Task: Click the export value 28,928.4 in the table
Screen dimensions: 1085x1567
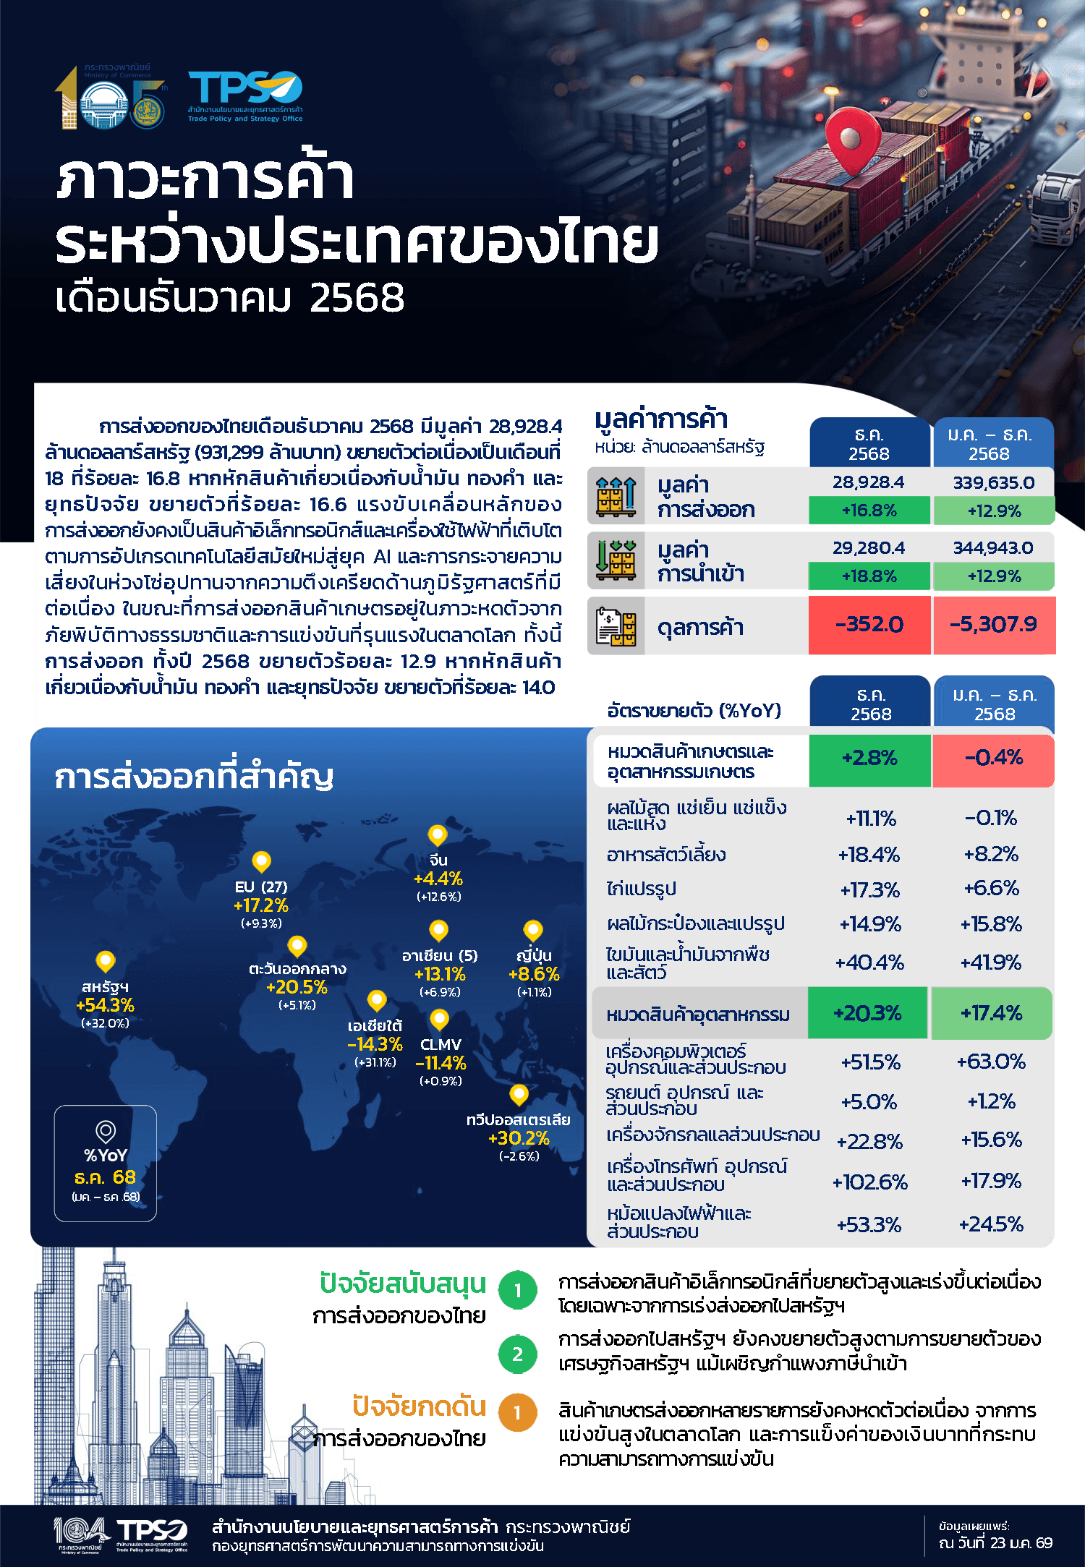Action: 869,482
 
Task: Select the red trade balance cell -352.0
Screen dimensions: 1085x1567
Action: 869,625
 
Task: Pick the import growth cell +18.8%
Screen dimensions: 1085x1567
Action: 869,576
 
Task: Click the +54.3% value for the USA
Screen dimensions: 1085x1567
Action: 105,1005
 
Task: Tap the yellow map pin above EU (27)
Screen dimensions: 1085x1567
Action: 261,861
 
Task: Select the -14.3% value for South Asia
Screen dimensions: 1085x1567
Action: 375,1044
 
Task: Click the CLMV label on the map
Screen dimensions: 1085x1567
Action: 441,1044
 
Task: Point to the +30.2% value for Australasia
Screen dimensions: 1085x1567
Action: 519,1138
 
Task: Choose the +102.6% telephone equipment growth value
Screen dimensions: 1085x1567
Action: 869,1182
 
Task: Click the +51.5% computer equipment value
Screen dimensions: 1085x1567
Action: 870,1062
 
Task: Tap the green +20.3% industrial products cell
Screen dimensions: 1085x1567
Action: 867,1013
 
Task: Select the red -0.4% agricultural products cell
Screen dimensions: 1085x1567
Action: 993,759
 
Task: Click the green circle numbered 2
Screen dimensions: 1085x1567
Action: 517,1354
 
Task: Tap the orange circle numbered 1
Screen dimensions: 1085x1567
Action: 517,1413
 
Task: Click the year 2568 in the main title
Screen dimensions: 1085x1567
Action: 357,298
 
